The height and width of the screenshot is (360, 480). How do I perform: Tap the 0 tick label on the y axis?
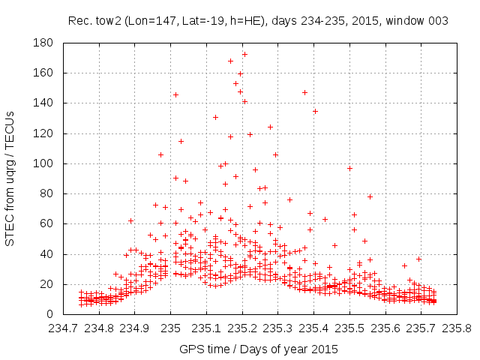coord(49,314)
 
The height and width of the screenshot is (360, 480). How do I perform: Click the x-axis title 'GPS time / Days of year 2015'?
coord(259,349)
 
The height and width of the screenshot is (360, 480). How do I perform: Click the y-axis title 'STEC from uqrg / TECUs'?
coord(10,178)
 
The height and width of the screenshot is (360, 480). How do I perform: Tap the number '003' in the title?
coord(439,21)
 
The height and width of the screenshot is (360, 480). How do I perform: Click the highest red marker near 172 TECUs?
coord(244,54)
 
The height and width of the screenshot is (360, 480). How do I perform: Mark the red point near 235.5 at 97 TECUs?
coord(349,168)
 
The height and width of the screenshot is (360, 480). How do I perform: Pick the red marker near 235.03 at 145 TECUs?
coord(176,94)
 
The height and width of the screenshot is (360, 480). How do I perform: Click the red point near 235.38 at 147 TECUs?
coord(304,92)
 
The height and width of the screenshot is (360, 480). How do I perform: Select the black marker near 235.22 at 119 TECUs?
coord(250,134)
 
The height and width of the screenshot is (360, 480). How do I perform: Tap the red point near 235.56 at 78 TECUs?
coord(370,196)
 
